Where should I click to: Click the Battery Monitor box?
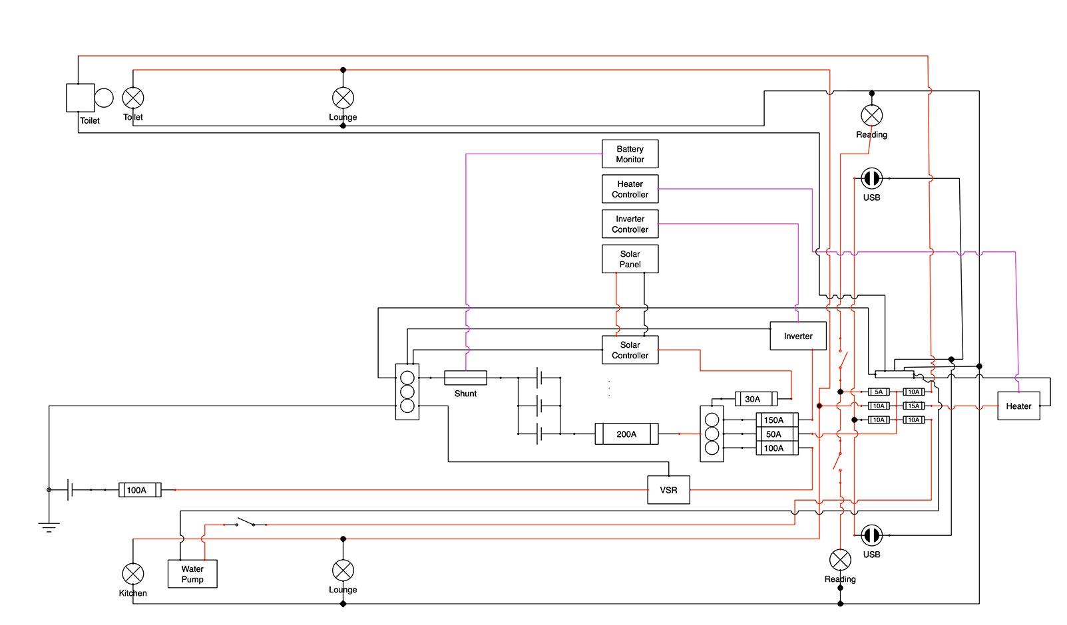click(630, 154)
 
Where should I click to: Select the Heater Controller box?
click(630, 189)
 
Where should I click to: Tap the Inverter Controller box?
click(630, 223)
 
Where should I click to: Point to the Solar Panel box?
click(630, 259)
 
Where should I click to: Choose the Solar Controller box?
click(630, 350)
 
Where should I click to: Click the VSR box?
click(668, 490)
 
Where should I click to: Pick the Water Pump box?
click(192, 574)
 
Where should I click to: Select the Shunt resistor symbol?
click(465, 378)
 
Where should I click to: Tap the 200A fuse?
click(626, 434)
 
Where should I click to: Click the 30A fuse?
click(755, 399)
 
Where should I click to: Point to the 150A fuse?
click(777, 420)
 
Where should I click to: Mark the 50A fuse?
click(777, 434)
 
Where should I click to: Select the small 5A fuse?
click(879, 392)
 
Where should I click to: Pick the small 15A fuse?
click(914, 406)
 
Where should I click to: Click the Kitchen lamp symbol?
click(133, 573)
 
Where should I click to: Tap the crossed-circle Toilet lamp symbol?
click(133, 98)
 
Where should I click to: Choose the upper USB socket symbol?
click(871, 178)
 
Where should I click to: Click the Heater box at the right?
click(1018, 406)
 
